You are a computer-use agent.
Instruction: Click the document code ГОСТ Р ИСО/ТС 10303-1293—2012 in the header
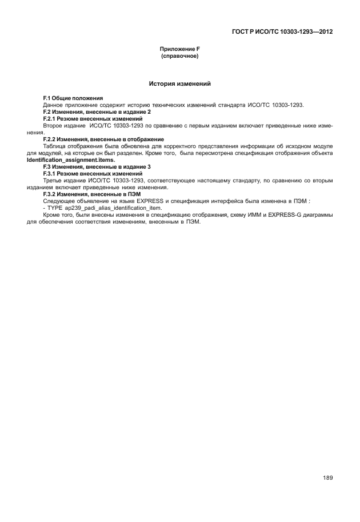(x=282, y=31)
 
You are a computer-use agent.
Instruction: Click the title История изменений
(x=180, y=84)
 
